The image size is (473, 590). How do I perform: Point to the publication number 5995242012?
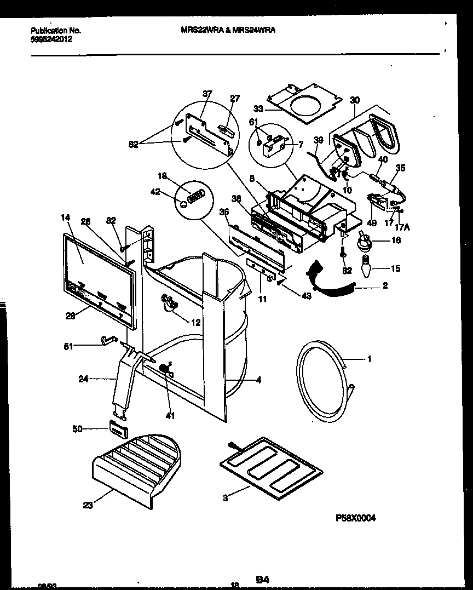[x=51, y=39]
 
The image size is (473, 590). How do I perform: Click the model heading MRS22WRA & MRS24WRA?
[x=228, y=31]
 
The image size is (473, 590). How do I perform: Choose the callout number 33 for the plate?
[x=258, y=108]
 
